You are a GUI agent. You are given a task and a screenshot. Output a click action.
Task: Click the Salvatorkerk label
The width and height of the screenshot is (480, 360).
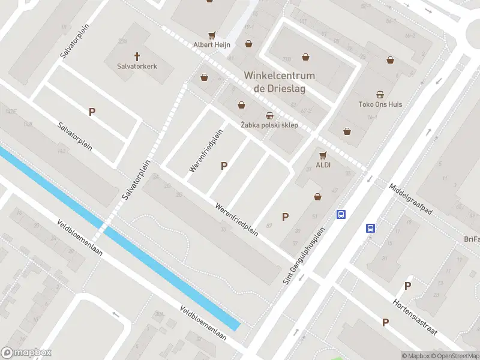(x=137, y=66)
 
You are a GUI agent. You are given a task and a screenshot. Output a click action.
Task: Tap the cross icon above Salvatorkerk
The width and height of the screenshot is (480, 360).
(x=137, y=56)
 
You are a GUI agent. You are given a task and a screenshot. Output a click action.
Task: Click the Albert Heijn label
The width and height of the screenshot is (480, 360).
(x=211, y=45)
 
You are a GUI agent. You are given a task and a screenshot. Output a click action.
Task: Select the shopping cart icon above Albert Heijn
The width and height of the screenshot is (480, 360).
(x=211, y=35)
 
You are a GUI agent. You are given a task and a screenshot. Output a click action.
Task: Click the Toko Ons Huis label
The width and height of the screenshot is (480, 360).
(x=380, y=104)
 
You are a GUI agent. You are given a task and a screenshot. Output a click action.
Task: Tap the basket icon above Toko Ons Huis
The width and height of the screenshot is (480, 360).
(x=380, y=94)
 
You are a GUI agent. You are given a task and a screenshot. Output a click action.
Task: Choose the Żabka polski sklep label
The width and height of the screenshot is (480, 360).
(x=269, y=125)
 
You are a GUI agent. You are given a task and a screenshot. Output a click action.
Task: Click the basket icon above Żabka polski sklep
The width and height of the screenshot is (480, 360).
(x=269, y=115)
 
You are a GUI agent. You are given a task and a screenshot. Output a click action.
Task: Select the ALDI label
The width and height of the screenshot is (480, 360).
(x=323, y=164)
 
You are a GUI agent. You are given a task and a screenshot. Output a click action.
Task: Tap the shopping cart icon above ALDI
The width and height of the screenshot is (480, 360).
(x=323, y=155)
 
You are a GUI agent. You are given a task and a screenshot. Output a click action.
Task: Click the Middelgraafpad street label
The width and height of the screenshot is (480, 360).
(x=411, y=200)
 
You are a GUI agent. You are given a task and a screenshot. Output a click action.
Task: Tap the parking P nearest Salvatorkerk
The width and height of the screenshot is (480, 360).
(x=92, y=112)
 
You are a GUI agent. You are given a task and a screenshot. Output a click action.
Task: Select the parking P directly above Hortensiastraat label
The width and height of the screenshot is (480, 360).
(x=407, y=286)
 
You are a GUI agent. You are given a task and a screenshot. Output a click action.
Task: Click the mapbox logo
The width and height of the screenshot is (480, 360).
(x=26, y=353)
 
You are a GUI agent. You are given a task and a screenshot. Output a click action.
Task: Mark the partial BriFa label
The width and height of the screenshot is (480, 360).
(x=471, y=239)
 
